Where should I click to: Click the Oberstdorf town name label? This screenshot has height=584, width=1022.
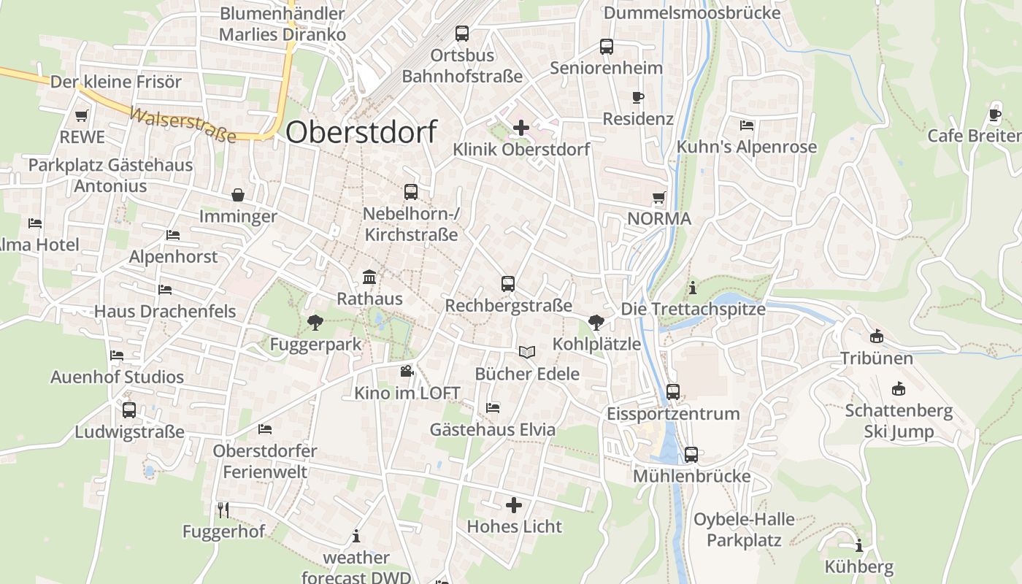(361, 132)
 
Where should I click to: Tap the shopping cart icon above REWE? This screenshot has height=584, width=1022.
(82, 115)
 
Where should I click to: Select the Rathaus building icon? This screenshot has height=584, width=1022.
(369, 277)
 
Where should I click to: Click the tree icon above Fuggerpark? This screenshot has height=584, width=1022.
(315, 322)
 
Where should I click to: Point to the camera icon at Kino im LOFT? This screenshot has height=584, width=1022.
(407, 372)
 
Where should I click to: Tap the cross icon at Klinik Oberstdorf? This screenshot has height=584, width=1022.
(520, 128)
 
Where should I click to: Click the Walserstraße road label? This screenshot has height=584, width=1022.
(182, 125)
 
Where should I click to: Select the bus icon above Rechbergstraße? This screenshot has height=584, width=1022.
(508, 284)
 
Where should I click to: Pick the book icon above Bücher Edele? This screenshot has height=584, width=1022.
(527, 353)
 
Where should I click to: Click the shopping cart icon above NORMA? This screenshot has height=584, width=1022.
(659, 197)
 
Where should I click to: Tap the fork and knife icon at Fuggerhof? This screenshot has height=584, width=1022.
(223, 510)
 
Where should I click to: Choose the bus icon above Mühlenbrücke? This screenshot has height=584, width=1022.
(691, 455)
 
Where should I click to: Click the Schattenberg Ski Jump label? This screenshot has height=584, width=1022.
(899, 420)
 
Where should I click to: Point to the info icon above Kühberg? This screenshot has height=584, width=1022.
(858, 545)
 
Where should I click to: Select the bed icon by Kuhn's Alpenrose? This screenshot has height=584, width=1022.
(746, 126)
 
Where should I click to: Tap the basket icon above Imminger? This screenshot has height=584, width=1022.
(238, 195)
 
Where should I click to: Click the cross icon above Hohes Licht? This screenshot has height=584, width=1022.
(514, 504)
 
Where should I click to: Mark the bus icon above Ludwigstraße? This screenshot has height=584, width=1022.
(129, 410)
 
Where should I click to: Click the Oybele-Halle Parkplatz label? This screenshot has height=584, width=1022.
(744, 530)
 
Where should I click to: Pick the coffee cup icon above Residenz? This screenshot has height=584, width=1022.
(638, 97)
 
